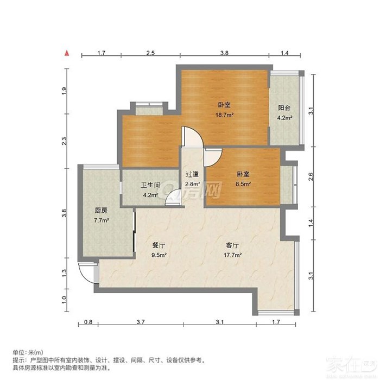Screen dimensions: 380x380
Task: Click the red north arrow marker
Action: point(67,53)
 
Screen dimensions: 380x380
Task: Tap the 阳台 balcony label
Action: point(284,108)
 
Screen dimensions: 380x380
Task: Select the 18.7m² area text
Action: point(224,115)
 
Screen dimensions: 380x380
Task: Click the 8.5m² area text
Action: point(243,184)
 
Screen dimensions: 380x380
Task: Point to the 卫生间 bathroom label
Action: point(150,186)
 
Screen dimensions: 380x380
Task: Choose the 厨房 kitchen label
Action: point(101,211)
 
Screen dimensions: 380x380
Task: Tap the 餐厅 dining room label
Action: point(159,245)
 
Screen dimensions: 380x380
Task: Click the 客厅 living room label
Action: point(232,245)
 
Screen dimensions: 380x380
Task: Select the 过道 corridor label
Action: point(192,174)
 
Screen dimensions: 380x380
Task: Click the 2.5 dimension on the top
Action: point(150,53)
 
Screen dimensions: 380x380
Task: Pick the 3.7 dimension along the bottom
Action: point(141,322)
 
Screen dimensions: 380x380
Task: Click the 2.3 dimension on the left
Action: point(64,141)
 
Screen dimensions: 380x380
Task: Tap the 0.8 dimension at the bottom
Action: point(88,322)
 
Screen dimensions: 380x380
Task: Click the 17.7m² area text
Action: point(232,255)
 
